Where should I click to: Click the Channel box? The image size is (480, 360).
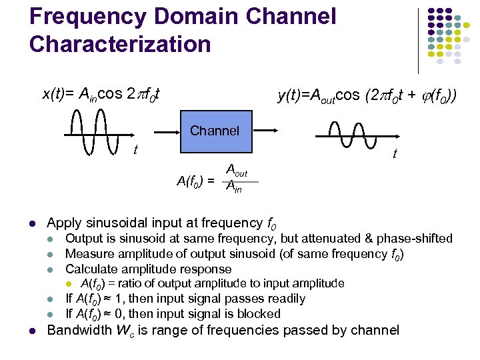coord(214,131)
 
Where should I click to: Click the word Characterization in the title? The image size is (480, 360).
coord(120,44)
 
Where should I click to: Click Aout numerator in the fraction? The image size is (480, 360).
coord(237,171)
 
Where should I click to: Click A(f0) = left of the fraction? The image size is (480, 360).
coord(195,180)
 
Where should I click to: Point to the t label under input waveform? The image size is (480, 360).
coord(136,149)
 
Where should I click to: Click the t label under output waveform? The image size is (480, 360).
coord(395,154)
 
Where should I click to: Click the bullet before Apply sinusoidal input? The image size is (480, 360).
coord(32,223)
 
